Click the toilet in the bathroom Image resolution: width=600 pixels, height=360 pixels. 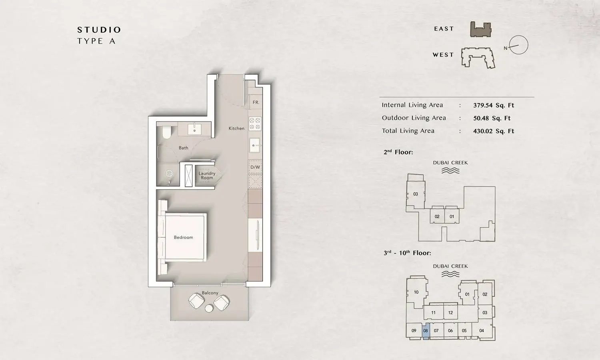point(167,132)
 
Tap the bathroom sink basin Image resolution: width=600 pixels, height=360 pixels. point(195,129)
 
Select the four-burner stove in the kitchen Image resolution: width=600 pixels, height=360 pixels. point(255,124)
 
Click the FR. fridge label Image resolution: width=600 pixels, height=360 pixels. point(256,102)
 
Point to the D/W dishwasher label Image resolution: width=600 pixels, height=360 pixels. point(255,167)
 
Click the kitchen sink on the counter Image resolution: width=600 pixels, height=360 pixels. point(254,146)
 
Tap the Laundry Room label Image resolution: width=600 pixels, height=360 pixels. point(207,176)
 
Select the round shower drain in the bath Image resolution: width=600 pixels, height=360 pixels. point(169,174)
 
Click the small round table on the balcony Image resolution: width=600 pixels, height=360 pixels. point(209,308)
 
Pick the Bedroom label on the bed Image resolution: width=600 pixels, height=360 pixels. point(183,237)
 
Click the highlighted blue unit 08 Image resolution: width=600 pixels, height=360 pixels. point(426,331)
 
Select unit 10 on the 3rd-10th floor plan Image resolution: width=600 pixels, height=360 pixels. point(416,292)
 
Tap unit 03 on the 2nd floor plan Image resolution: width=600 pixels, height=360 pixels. point(416,194)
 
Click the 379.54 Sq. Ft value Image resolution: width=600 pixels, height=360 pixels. point(493,105)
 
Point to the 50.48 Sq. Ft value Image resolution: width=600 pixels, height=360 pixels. point(492,118)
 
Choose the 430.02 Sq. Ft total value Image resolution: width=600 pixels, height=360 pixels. point(493,131)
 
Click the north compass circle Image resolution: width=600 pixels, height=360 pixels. point(518,45)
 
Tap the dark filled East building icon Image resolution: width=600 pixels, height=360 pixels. point(481,30)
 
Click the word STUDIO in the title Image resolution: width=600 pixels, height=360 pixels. point(99,30)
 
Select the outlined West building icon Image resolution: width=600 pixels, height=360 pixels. point(478,58)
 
